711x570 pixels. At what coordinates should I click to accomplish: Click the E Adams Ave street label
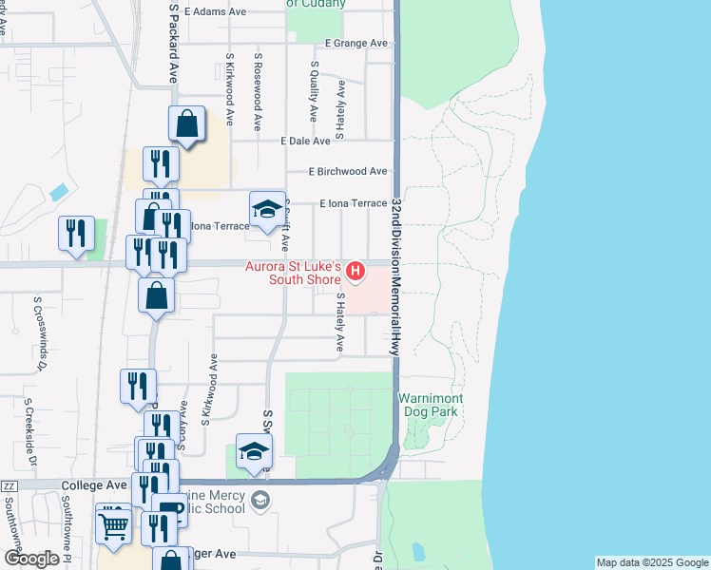[x=216, y=12]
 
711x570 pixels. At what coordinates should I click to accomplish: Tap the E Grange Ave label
[x=356, y=44]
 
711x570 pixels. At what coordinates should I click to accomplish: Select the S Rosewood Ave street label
[x=258, y=91]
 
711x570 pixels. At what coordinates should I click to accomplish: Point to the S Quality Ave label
[x=314, y=91]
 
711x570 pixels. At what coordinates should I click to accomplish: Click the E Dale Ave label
[x=305, y=140]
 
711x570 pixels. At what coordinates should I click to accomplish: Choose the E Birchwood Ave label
[x=348, y=171]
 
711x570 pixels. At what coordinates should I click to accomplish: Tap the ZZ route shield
[x=10, y=485]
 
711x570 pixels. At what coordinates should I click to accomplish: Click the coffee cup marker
[x=170, y=510]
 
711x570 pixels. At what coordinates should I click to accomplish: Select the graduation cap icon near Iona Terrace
[x=267, y=210]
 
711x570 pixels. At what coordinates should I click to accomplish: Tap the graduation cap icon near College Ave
[x=254, y=451]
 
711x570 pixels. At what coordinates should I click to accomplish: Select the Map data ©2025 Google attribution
[x=651, y=562]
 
